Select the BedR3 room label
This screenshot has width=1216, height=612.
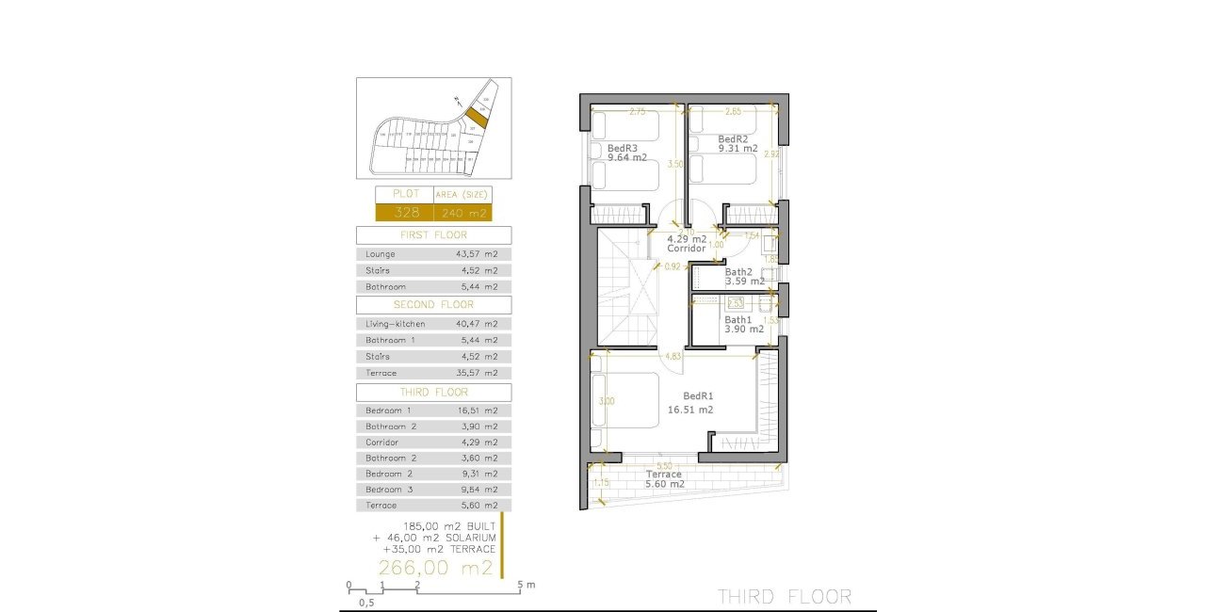623,148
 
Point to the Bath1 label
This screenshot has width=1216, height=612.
738,320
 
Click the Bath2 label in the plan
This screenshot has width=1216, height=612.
738,272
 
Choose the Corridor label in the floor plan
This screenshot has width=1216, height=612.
687,249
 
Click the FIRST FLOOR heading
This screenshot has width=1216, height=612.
433,235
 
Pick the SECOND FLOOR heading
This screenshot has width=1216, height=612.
433,305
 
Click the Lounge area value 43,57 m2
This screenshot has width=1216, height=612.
478,254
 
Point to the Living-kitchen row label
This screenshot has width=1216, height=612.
396,324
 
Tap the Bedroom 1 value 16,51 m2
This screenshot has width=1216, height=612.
478,411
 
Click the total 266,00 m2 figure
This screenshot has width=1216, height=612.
435,567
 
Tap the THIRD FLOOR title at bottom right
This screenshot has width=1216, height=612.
785,596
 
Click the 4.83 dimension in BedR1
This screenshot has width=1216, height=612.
673,356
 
